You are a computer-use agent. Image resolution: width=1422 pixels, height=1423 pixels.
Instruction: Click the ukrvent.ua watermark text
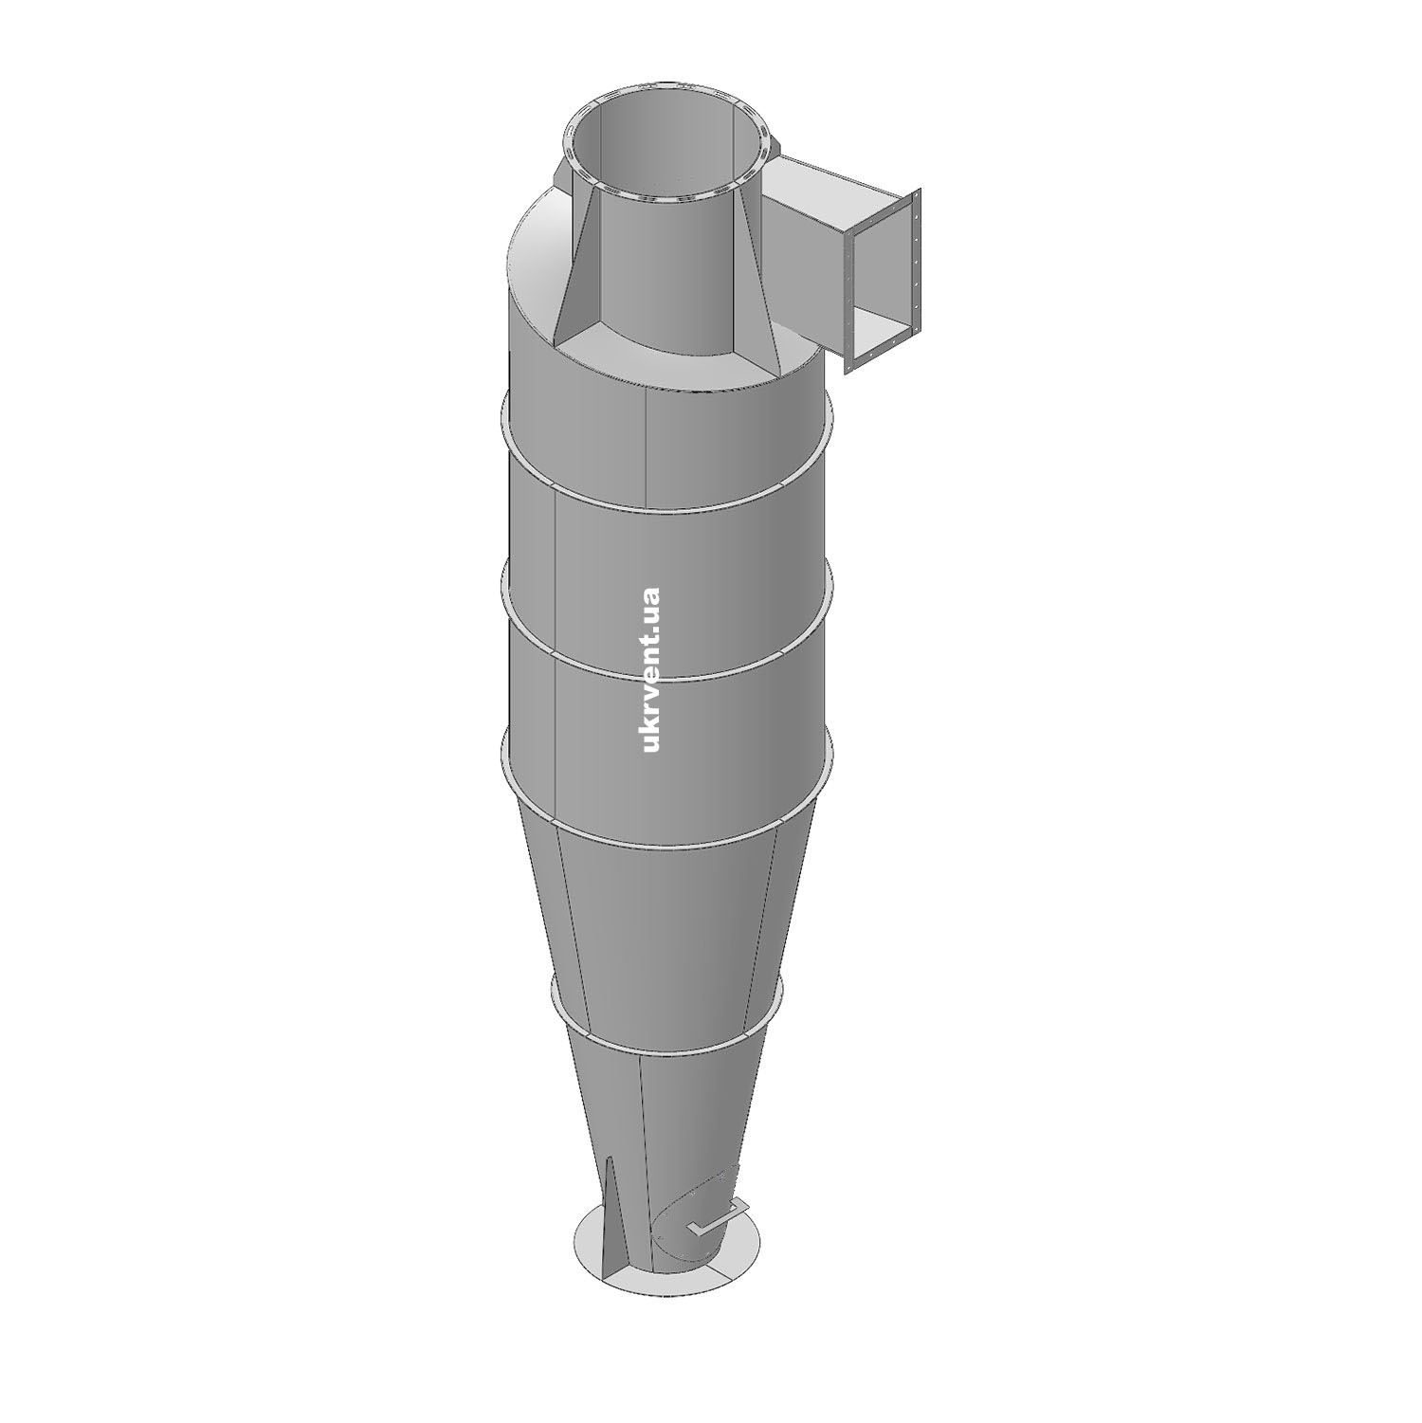point(650,670)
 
